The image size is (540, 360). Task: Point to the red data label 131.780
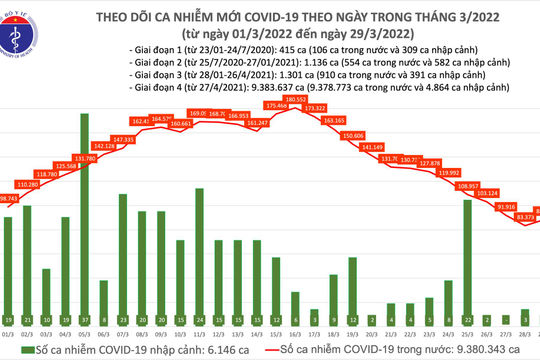(87, 158)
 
